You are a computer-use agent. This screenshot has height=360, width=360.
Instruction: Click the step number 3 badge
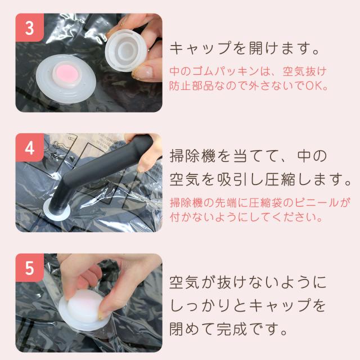[30, 28]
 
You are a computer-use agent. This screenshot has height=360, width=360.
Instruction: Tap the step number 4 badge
[30, 147]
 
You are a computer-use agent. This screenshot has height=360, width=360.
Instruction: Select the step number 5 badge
[30, 268]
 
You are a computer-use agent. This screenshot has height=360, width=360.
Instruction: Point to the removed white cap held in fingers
[126, 51]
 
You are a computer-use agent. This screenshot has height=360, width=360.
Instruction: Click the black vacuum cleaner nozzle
[99, 174]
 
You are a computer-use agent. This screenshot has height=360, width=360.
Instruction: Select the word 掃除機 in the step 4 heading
[192, 156]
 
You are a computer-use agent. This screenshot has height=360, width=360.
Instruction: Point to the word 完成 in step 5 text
[232, 328]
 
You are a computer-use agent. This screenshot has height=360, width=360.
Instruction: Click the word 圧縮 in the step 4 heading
[280, 179]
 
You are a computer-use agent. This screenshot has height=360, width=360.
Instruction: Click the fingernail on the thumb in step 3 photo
[142, 72]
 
